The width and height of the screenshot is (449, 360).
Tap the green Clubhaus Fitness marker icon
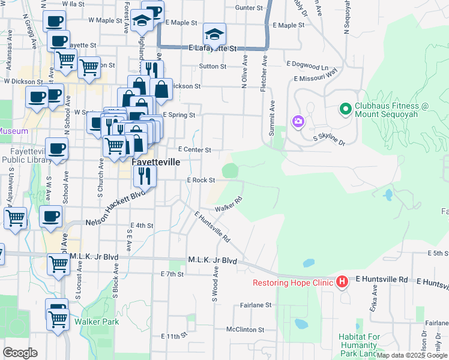(x=345, y=109)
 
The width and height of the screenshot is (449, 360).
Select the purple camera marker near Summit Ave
(x=298, y=122)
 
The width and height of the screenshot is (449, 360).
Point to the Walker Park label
(x=97, y=322)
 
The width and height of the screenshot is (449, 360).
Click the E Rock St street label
(x=201, y=180)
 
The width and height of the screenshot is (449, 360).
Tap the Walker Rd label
(x=229, y=204)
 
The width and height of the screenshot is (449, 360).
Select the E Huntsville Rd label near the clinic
(x=382, y=280)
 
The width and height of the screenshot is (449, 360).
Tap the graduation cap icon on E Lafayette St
(x=214, y=32)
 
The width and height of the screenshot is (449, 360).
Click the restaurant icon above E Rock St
(x=145, y=175)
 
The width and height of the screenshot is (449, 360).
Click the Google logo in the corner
(x=20, y=353)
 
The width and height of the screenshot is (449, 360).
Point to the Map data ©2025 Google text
(x=412, y=355)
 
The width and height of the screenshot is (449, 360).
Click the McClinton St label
(x=245, y=329)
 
